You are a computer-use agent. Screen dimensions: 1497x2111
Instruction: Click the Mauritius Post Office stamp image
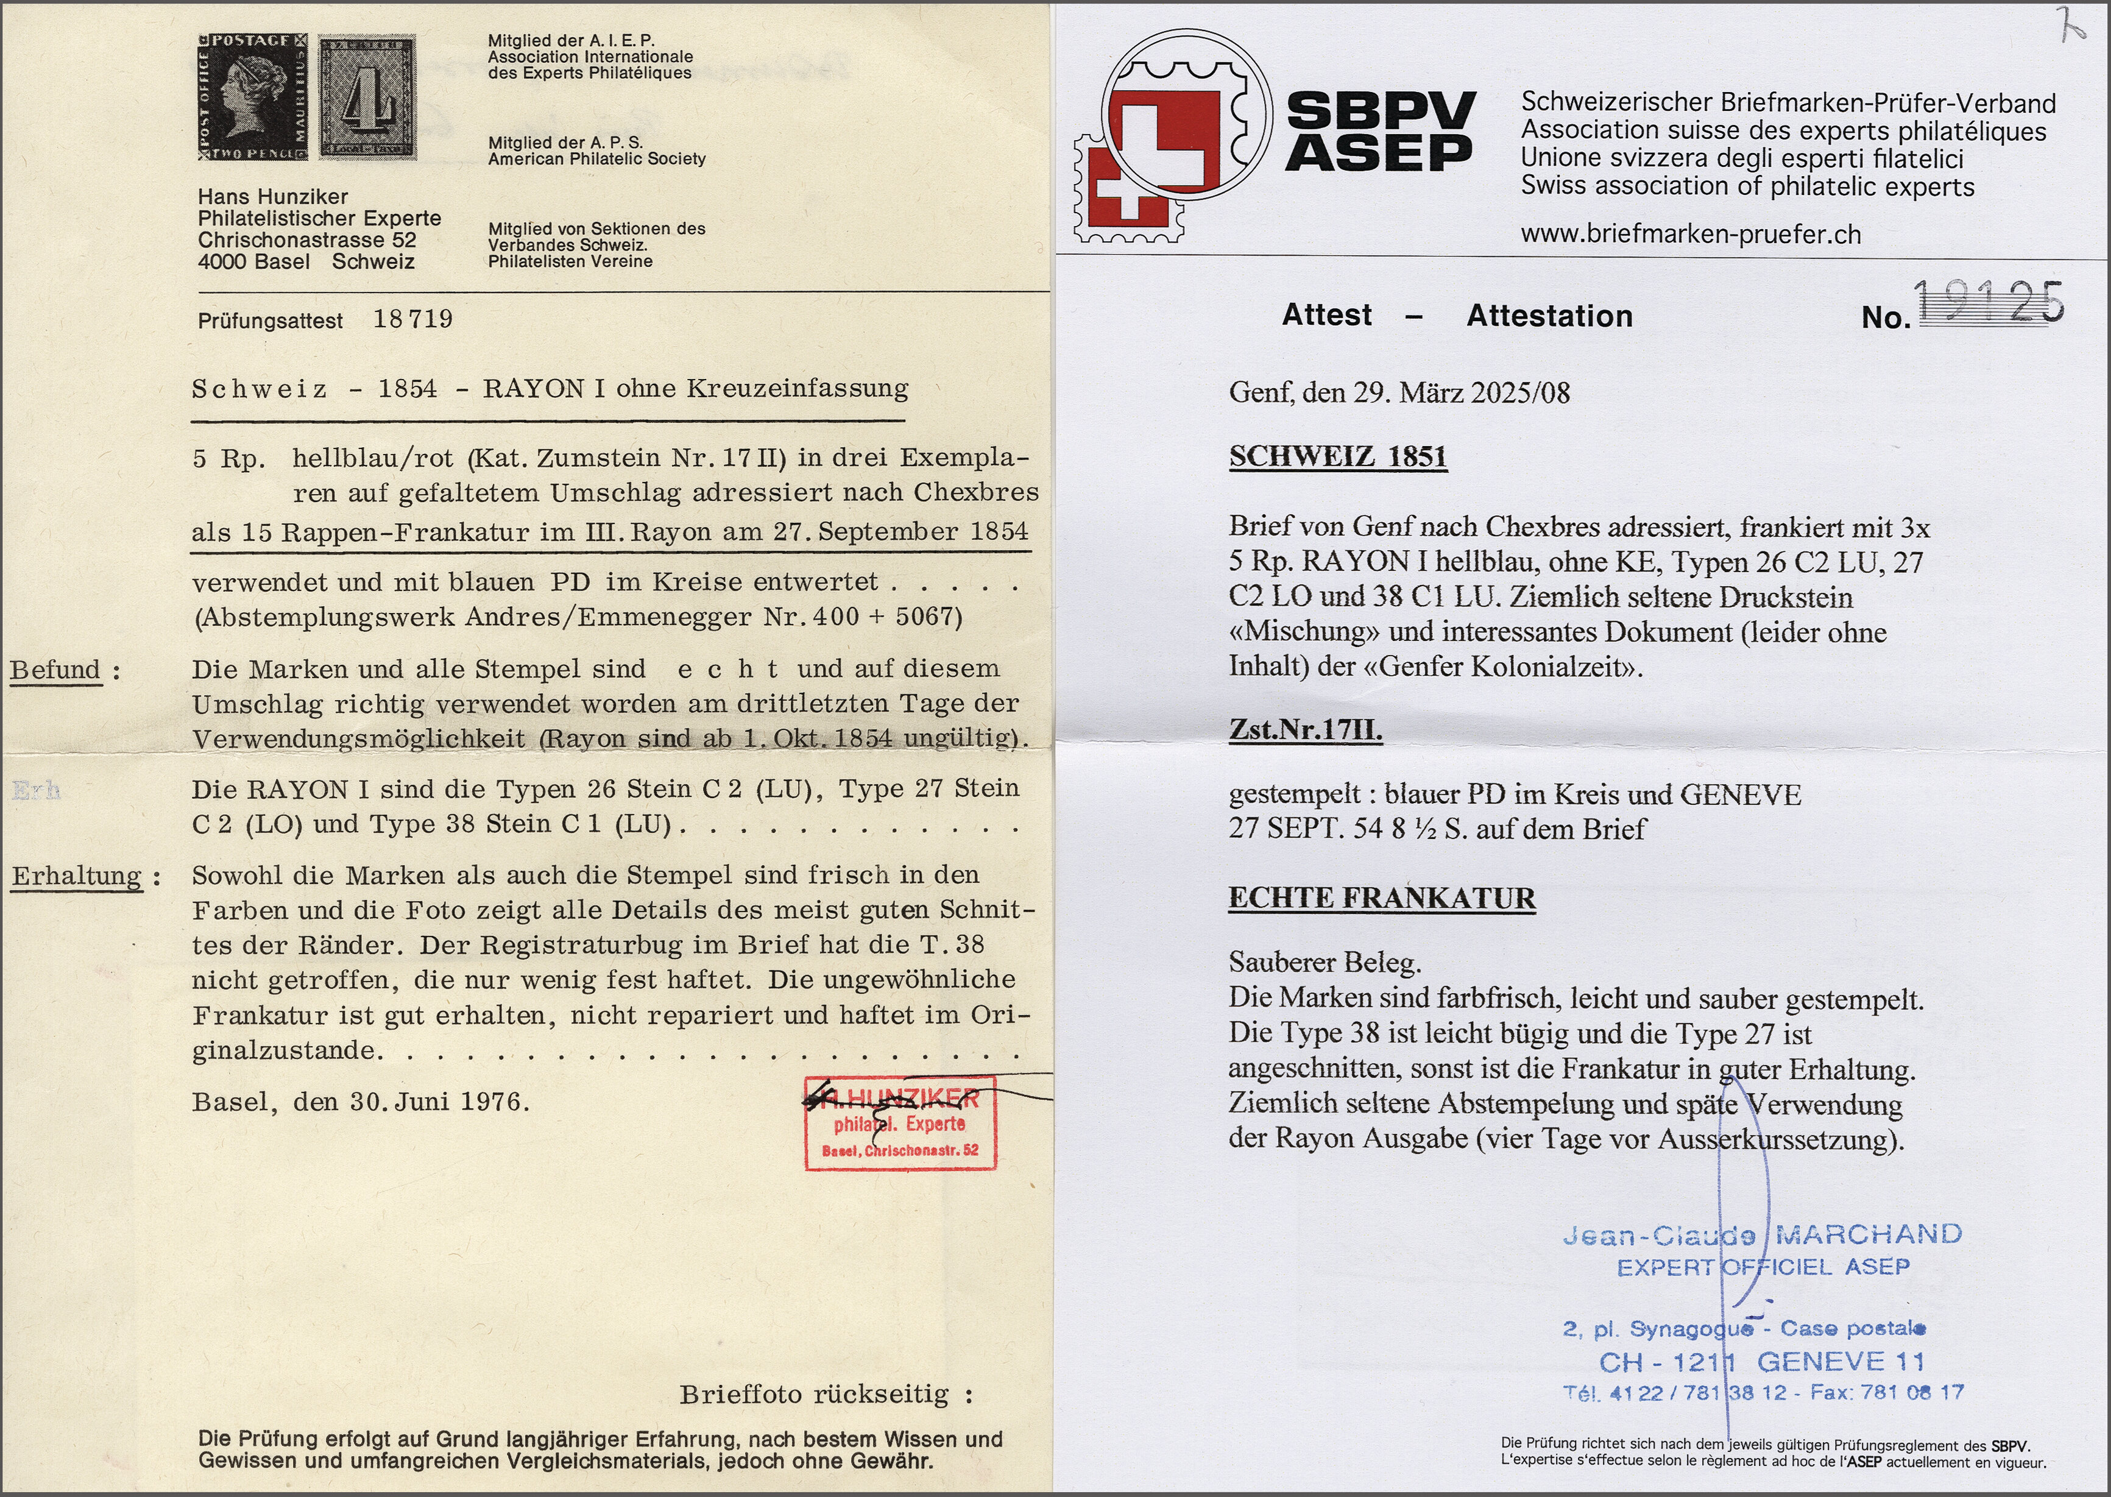point(253,97)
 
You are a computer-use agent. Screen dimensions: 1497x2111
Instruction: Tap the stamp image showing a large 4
point(367,97)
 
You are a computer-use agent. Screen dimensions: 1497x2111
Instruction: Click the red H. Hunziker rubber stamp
point(900,1123)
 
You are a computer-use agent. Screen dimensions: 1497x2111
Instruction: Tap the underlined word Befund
point(55,670)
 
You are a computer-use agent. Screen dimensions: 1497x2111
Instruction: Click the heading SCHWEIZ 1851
point(1338,457)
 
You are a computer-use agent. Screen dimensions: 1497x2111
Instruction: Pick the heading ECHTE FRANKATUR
point(1381,899)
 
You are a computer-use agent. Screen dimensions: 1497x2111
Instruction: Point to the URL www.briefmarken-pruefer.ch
point(1691,234)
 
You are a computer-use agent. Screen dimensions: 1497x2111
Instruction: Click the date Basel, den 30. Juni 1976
point(361,1102)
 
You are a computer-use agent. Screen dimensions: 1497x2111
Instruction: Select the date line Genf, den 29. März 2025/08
point(1398,394)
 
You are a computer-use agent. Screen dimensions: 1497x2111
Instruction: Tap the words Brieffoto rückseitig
point(815,1395)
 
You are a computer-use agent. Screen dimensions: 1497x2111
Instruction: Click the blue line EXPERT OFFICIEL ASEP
point(1763,1267)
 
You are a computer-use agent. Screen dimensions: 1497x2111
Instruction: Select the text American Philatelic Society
point(596,158)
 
